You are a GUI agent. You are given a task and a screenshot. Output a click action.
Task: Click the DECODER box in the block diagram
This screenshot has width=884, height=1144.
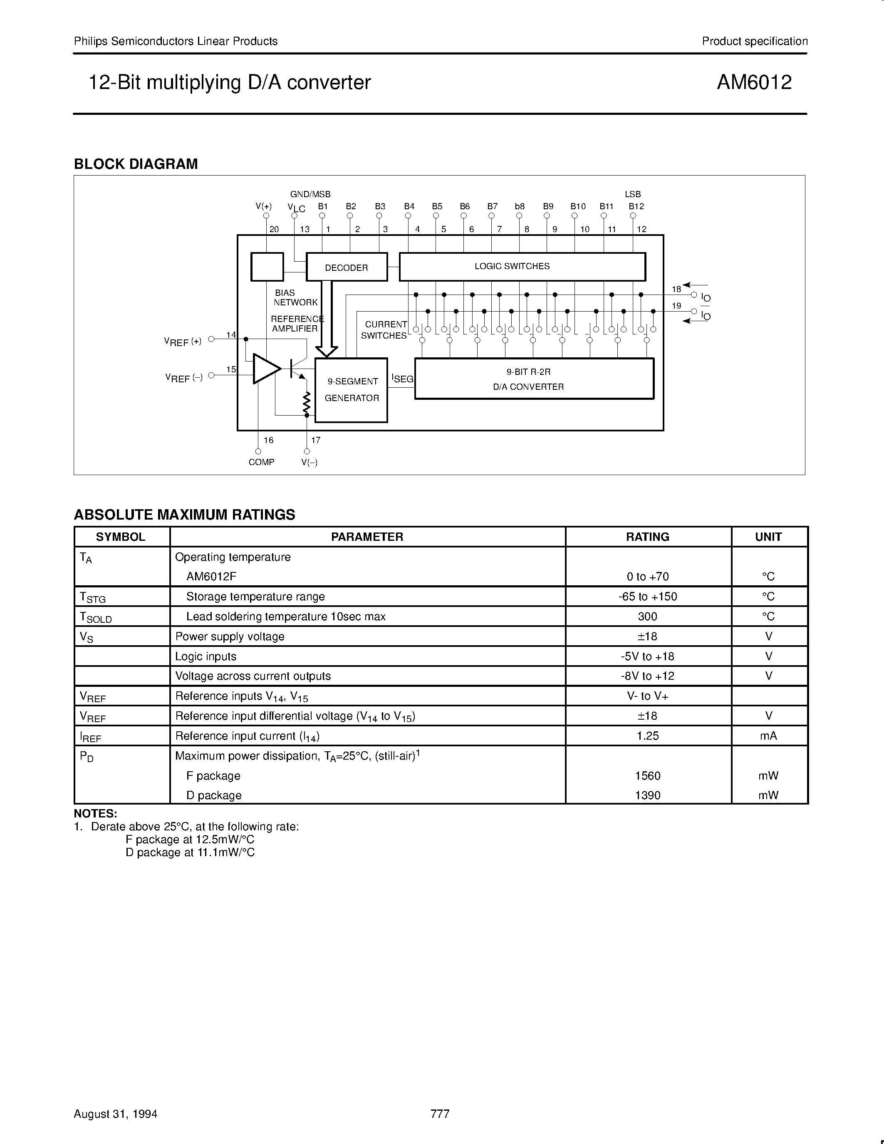[x=346, y=267]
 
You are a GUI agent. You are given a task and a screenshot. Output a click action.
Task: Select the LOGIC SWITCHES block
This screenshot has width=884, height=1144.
[x=522, y=267]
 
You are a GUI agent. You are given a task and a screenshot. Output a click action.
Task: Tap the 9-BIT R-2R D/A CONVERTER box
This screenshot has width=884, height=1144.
[x=534, y=379]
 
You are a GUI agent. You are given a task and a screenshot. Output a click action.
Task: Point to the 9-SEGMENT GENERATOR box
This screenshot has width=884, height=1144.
[x=351, y=390]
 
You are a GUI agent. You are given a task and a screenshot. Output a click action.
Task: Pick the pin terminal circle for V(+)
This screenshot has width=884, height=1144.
[x=266, y=216]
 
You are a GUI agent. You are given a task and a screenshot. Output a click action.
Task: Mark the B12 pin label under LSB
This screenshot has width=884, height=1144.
[x=636, y=206]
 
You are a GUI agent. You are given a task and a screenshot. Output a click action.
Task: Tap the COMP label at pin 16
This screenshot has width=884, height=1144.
[x=261, y=462]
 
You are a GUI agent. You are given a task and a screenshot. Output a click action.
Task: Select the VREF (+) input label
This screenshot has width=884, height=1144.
[x=183, y=342]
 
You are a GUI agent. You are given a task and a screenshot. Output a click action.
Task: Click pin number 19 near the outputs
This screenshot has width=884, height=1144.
[x=676, y=306]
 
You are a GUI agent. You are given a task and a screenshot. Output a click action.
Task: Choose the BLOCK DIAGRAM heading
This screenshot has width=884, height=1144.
[x=136, y=164]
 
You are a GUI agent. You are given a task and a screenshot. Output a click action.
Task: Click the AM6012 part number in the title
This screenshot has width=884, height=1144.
[x=754, y=83]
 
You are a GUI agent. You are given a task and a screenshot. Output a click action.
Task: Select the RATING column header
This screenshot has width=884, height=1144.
[x=647, y=537]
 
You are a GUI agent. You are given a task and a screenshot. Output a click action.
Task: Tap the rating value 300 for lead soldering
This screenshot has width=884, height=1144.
[x=647, y=617]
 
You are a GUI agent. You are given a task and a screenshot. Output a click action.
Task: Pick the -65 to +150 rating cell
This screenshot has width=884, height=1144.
[x=647, y=597]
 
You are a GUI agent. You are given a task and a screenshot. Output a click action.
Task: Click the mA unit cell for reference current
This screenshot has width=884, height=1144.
[x=768, y=736]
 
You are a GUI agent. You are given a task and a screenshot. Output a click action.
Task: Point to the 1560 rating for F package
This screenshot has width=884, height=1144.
[x=647, y=776]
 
